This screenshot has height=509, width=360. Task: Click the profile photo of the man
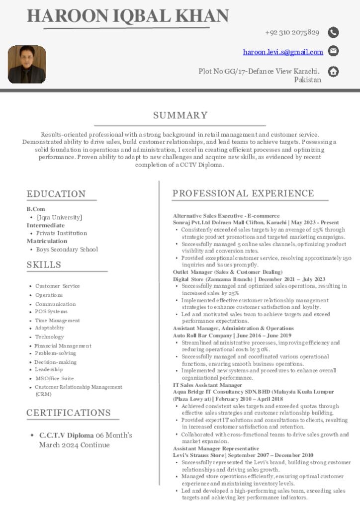[27, 65]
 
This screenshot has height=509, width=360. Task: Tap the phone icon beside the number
[334, 33]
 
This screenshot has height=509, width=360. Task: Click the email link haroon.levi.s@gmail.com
[283, 52]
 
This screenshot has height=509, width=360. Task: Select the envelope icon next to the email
[334, 51]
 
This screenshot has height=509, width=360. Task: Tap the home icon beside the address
[334, 72]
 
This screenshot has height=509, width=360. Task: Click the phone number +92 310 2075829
[292, 33]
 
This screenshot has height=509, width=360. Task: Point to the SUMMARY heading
[180, 115]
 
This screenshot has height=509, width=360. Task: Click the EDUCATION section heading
[56, 194]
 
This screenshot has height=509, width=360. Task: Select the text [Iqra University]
[59, 217]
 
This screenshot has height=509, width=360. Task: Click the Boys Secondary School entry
[67, 250]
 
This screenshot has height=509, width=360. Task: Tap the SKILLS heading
[44, 265]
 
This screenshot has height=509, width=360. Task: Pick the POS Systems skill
[51, 312]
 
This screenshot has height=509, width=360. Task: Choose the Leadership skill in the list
[49, 369]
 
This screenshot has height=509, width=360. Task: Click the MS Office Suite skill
[54, 378]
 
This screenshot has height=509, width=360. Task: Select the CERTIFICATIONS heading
[69, 413]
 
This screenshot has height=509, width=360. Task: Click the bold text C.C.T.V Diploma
[67, 435]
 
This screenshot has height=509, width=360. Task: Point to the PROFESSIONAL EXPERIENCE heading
[243, 193]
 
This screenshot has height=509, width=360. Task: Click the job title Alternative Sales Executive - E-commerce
[226, 216]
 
